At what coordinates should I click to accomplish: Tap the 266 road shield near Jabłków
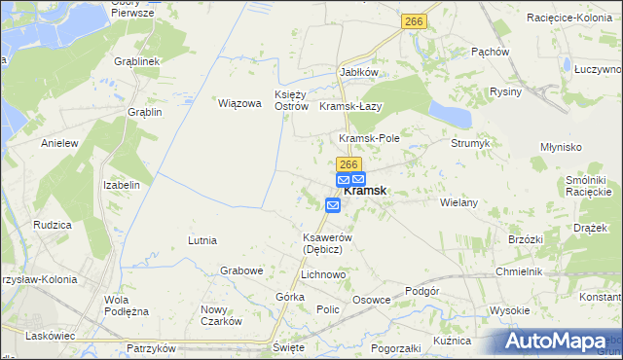pos(415,20)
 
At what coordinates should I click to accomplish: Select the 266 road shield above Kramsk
pos(349,165)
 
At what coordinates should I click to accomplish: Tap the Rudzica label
pos(53,225)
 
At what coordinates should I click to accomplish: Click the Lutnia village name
pos(202,239)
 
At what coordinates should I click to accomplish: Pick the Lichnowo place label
pos(324,275)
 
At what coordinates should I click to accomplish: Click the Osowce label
pos(371,300)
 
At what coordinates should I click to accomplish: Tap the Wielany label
pos(458,202)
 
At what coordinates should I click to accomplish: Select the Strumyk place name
pos(470,143)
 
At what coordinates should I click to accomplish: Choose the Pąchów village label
pos(491,52)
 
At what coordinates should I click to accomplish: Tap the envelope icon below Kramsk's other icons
pos(333,204)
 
